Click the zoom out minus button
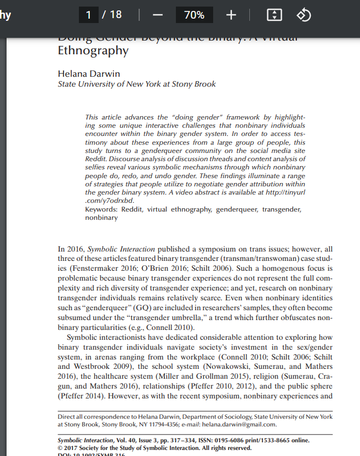tap(157, 15)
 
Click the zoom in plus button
tap(231, 15)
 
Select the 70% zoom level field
tap(194, 15)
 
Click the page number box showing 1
tap(88, 15)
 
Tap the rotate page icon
tap(304, 15)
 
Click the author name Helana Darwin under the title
tap(89, 73)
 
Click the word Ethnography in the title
tap(93, 51)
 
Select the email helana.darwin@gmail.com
tap(239, 424)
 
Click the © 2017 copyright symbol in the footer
tap(61, 448)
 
